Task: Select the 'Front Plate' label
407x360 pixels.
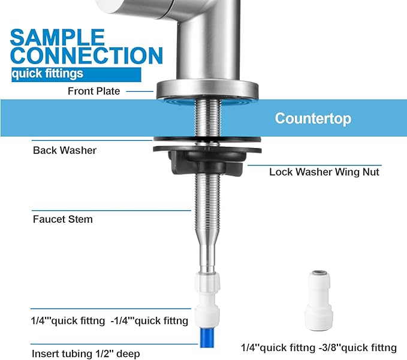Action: click(x=94, y=91)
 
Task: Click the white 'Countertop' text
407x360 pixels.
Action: click(x=313, y=118)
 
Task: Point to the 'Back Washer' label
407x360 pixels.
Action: click(x=65, y=150)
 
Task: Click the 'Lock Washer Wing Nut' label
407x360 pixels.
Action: click(x=324, y=172)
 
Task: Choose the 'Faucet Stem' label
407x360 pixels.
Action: click(x=62, y=219)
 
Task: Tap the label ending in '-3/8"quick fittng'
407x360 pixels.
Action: click(x=318, y=347)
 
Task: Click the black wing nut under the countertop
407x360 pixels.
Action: click(x=207, y=162)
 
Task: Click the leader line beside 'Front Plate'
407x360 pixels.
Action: click(x=141, y=91)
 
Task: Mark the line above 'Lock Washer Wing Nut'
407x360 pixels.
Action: click(x=315, y=165)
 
